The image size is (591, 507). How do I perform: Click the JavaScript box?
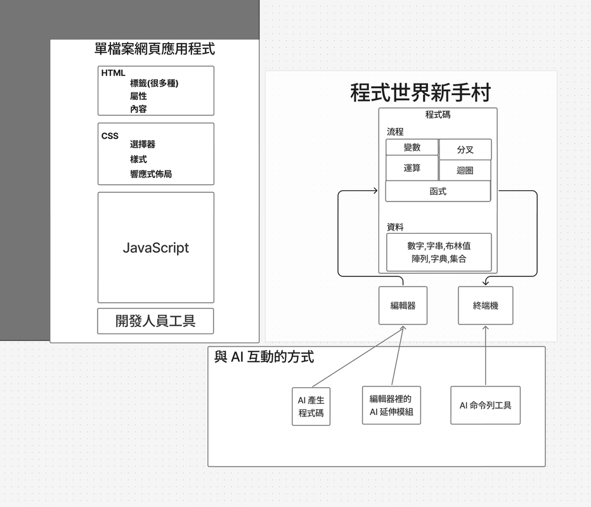click(155, 248)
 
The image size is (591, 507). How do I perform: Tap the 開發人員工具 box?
click(155, 321)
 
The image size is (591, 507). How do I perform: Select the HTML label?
click(114, 73)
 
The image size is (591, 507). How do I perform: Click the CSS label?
click(110, 136)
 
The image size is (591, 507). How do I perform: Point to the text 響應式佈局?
click(151, 174)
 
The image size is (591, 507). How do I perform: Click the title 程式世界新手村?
click(420, 93)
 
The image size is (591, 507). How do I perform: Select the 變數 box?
click(412, 148)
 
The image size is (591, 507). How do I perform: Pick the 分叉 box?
click(465, 150)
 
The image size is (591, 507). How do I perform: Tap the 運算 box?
click(412, 169)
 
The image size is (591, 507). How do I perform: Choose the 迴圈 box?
click(465, 170)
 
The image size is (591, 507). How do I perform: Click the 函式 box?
click(438, 191)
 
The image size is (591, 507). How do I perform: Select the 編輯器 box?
click(403, 305)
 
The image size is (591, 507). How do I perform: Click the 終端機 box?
click(485, 305)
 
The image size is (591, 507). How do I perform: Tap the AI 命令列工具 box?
click(485, 405)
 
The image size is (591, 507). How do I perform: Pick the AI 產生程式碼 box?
click(311, 406)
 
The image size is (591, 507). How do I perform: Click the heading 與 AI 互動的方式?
click(264, 357)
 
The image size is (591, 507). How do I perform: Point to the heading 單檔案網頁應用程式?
click(155, 48)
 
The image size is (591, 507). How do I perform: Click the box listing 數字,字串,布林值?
click(439, 252)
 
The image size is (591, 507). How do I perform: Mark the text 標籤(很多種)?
click(154, 83)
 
